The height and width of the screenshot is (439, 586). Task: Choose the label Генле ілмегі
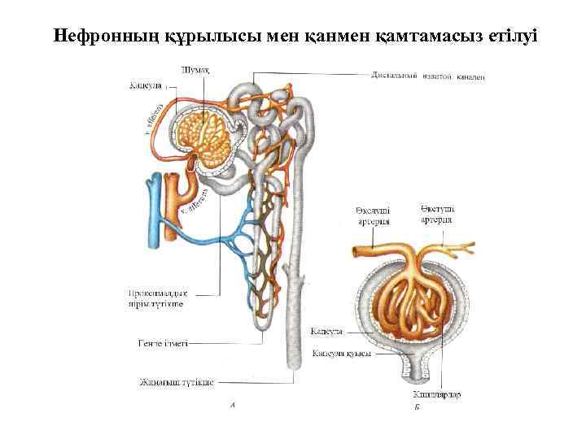[x=163, y=344]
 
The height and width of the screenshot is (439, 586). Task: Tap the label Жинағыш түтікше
[x=176, y=381]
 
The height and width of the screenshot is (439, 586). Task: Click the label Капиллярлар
[x=437, y=394]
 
